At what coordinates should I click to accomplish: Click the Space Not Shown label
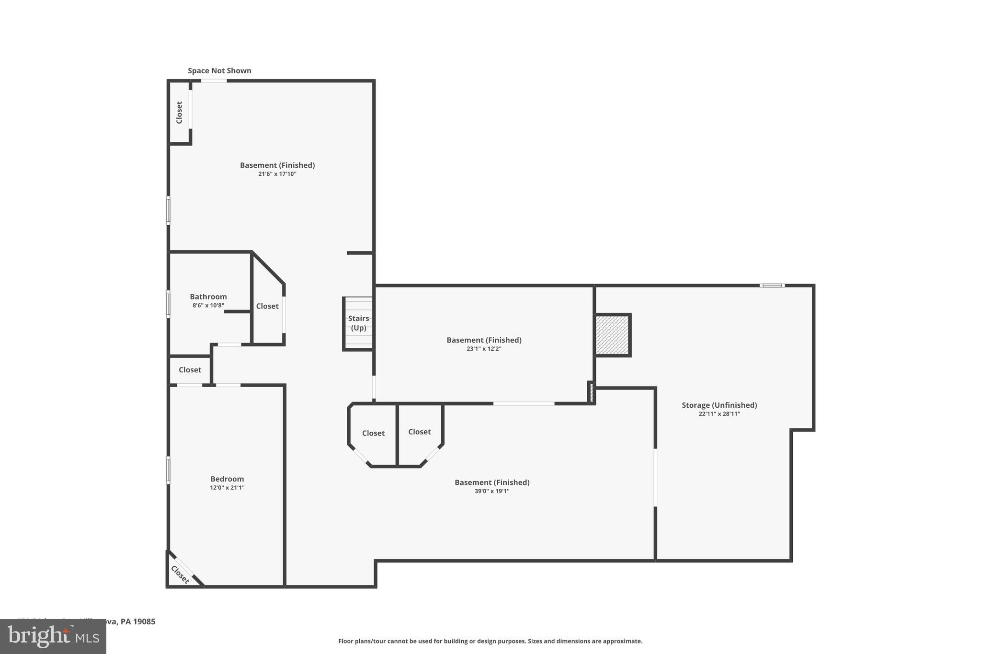coord(219,71)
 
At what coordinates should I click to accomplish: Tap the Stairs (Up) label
coord(358,323)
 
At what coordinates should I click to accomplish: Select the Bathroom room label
coord(208,297)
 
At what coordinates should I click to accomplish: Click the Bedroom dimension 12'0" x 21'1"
coord(227,488)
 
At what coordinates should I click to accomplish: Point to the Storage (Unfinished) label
coord(719,405)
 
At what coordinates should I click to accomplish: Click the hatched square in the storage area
coord(612,335)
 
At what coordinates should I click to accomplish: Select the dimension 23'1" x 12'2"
coord(484,349)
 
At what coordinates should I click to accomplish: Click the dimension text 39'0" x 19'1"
coord(491,491)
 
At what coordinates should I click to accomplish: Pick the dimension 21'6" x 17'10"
coord(277,174)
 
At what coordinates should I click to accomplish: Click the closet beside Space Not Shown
coord(179,112)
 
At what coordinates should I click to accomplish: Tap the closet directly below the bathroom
coord(190,370)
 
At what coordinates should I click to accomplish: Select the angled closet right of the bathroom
coord(267,306)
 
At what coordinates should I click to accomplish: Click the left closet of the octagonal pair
coord(373,433)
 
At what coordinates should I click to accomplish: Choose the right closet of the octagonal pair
coord(419,432)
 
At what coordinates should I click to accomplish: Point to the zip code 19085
coord(144,622)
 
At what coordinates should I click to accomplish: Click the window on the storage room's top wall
coord(772,286)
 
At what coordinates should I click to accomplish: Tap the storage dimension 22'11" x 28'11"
coord(719,414)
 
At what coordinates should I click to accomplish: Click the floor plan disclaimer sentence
coord(490,641)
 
